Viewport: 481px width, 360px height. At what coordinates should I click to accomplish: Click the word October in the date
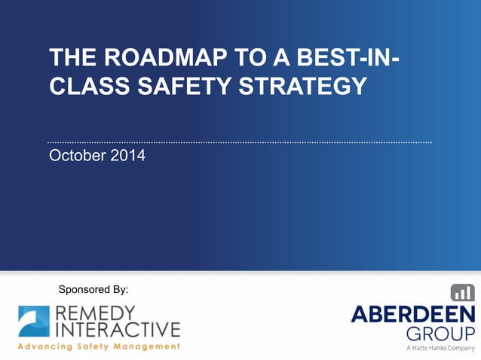[78, 157]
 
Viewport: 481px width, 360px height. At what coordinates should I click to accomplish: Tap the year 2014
[128, 157]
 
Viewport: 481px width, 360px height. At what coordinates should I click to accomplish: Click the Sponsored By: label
[93, 289]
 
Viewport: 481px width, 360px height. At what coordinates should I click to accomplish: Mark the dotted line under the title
[240, 142]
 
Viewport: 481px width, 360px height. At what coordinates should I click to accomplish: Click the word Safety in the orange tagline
[99, 346]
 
